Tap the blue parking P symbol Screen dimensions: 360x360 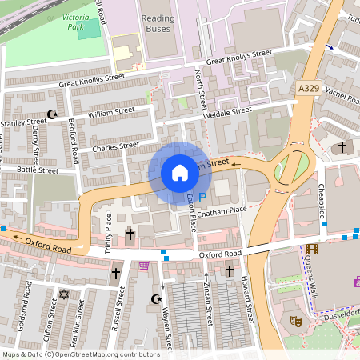point(202,196)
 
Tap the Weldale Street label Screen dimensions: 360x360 point(227,112)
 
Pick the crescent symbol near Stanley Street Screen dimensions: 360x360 point(54,115)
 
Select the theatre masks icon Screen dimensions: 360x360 point(295,320)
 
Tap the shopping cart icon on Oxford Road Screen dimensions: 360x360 point(144,266)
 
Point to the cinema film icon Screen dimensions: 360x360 point(311,250)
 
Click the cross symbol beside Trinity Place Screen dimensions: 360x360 point(130,234)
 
